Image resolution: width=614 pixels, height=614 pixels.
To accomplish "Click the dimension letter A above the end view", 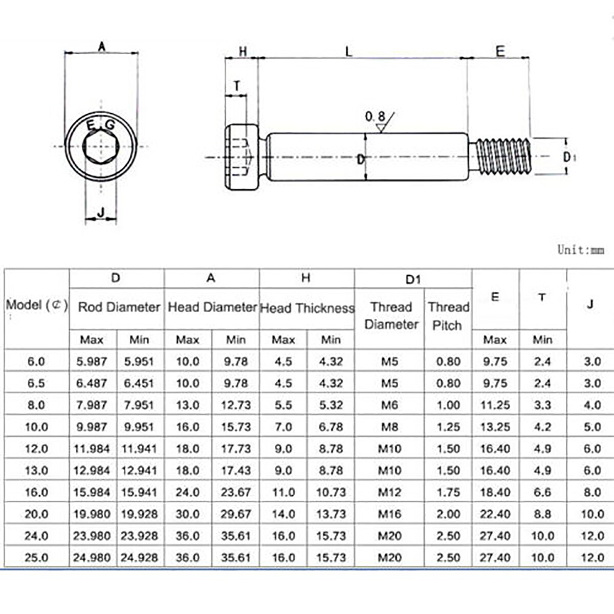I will [x=102, y=47].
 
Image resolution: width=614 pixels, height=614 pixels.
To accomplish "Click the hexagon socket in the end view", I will [x=101, y=148].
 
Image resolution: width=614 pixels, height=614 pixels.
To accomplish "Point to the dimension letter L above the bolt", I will [x=348, y=51].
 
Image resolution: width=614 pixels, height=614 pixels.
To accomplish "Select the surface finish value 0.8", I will [x=375, y=117].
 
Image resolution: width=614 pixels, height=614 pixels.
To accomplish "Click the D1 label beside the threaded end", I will [x=569, y=157].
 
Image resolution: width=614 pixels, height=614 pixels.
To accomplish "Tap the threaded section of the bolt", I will [x=504, y=157].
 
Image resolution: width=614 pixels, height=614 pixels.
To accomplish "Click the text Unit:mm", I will [x=580, y=250].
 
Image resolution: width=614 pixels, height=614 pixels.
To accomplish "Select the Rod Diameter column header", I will [x=119, y=307].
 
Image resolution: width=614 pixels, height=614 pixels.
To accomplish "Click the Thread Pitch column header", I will [x=448, y=316].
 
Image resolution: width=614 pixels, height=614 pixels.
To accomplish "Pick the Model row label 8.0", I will [x=36, y=405].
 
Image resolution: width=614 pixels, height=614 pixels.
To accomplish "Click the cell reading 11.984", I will [x=92, y=449].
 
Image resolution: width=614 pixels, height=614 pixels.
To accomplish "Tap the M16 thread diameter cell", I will [x=389, y=514].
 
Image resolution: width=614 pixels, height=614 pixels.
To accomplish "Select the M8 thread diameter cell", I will [x=389, y=427].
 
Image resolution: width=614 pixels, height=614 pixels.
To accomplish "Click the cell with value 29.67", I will [x=236, y=514].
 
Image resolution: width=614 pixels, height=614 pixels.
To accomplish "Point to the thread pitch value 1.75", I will [x=448, y=492].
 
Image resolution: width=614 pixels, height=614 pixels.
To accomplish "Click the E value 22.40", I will [x=495, y=514].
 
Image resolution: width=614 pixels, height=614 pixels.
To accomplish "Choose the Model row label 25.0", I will [x=36, y=557].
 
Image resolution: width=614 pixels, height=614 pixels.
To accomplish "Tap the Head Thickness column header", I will [x=307, y=308].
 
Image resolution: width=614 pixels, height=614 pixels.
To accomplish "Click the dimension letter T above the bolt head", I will [x=237, y=85].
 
